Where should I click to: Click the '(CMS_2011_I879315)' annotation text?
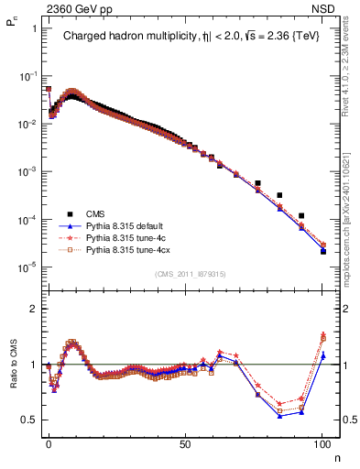[x=192, y=274]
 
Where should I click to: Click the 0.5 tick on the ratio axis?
[x=29, y=420]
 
